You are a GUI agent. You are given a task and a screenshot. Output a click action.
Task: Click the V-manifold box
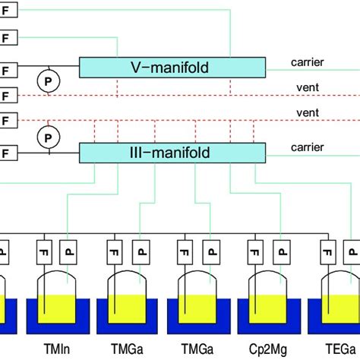pos(172,68)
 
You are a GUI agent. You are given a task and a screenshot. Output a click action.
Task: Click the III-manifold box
pos(172,153)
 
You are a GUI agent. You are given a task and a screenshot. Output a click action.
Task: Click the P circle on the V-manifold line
pos(47,78)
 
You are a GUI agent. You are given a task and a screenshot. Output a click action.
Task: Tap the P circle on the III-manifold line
pos(47,137)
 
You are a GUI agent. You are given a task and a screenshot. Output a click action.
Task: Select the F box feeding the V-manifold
pos(8,66)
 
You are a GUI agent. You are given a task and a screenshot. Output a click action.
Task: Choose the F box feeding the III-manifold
pos(8,153)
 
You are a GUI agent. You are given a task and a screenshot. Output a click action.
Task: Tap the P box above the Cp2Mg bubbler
pos(282,250)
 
